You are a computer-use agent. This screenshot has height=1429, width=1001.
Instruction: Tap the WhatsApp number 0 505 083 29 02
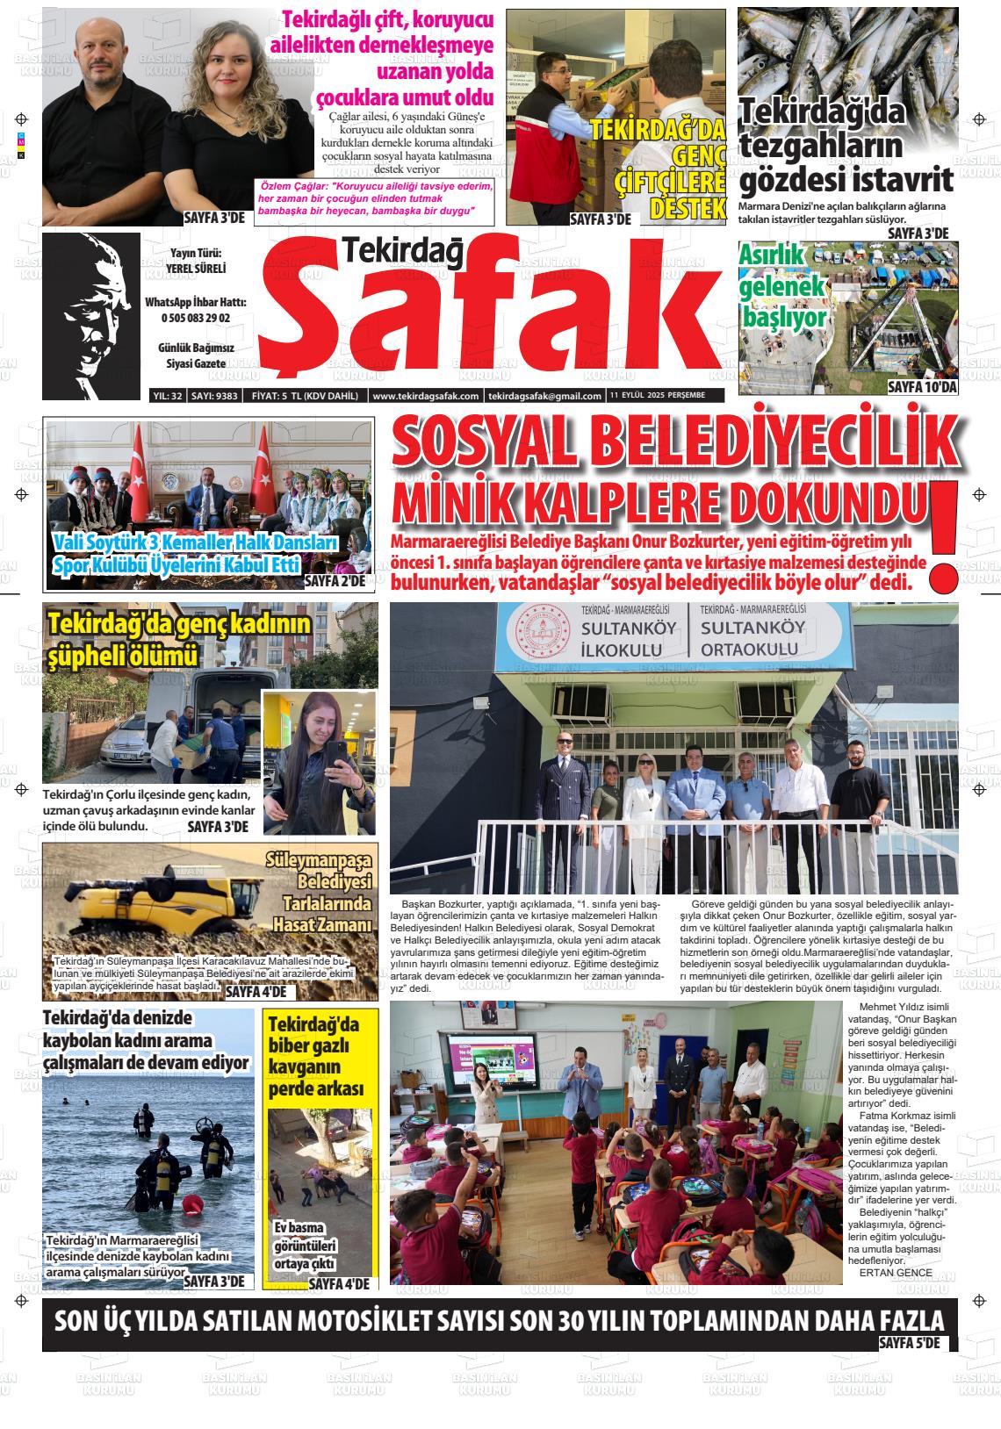coord(196,318)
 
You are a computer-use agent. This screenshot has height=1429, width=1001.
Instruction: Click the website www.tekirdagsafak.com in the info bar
coord(426,396)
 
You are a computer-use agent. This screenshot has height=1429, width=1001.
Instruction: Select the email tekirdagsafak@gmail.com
coord(532,396)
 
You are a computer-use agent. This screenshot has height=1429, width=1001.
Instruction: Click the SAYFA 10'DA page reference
coord(921,387)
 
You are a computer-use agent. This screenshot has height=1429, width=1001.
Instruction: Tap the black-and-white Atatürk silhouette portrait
coord(90,315)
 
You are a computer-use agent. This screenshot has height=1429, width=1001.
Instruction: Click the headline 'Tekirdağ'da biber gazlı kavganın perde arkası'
coord(313,1057)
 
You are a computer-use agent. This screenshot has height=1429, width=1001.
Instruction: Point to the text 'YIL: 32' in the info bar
coord(167,396)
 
